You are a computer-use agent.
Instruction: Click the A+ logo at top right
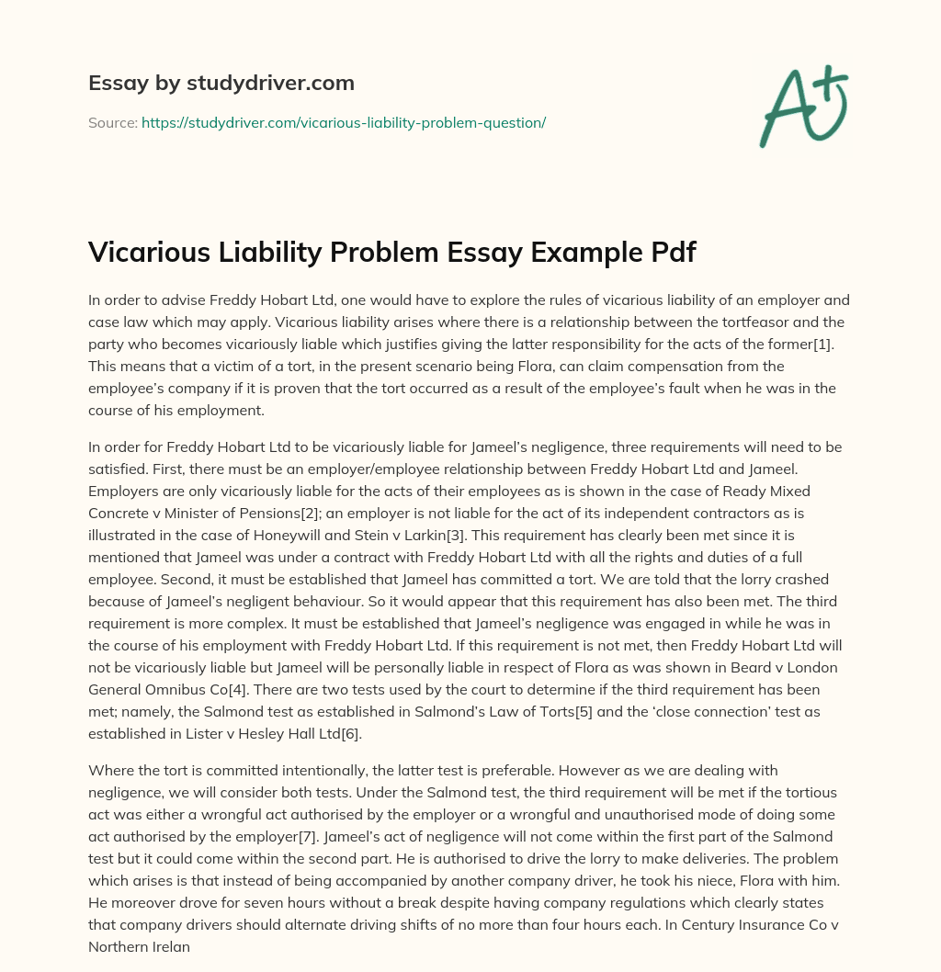point(803,106)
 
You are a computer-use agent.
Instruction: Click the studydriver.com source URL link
point(344,122)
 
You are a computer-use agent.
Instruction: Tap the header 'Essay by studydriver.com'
point(221,83)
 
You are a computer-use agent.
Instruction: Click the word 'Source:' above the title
point(112,122)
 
